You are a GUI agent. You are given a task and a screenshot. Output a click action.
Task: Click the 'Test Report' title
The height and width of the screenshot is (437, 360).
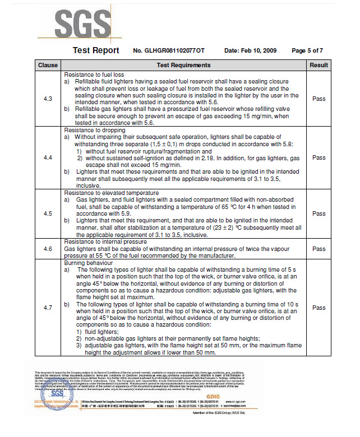pos(96,50)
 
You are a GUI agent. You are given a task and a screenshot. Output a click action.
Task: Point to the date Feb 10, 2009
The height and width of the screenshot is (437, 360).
pos(250,51)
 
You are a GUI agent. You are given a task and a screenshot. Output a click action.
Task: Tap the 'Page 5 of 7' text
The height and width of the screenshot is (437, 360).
pos(307,51)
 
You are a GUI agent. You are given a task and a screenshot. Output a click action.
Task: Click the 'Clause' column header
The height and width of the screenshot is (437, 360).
pos(48,66)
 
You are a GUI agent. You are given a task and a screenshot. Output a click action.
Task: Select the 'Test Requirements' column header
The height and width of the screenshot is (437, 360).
pos(183,66)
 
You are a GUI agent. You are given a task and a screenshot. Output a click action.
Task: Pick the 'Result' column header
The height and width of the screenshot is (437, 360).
pos(319,66)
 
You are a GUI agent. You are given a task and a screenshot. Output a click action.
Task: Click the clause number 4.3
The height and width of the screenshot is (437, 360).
pos(48,99)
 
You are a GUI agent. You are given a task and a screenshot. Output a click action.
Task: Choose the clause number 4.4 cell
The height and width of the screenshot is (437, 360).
pos(48,158)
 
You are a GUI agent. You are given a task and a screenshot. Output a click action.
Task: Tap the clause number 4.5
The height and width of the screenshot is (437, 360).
pos(48,213)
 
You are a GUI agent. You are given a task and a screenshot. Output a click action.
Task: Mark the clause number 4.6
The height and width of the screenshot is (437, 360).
pos(48,249)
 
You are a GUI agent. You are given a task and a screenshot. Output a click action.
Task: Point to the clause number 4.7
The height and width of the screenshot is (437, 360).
pos(48,308)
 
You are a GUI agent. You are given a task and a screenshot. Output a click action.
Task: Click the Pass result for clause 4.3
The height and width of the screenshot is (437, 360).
pos(319,99)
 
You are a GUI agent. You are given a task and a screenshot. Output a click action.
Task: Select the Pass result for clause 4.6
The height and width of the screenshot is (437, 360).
pos(319,249)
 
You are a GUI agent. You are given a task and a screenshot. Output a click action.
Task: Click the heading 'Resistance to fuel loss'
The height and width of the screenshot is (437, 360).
pos(94,75)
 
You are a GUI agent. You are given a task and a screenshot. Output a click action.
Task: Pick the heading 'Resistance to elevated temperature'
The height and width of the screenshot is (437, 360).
pos(110,193)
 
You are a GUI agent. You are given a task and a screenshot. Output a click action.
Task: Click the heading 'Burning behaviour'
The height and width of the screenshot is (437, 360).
pos(88,263)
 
